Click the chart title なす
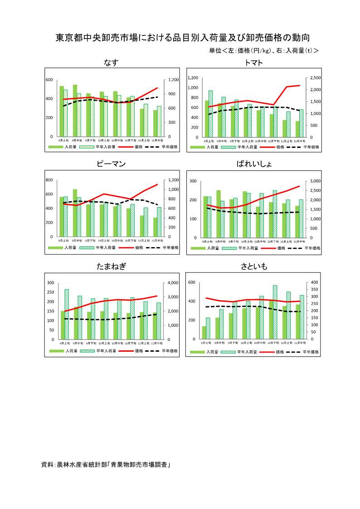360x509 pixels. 111,63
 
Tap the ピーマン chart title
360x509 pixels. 111,164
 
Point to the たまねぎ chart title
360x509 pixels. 111,267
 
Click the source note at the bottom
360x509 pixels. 106,465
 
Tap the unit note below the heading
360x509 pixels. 263,51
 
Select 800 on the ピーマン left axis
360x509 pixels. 50,180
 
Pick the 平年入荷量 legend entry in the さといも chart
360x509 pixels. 247,352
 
